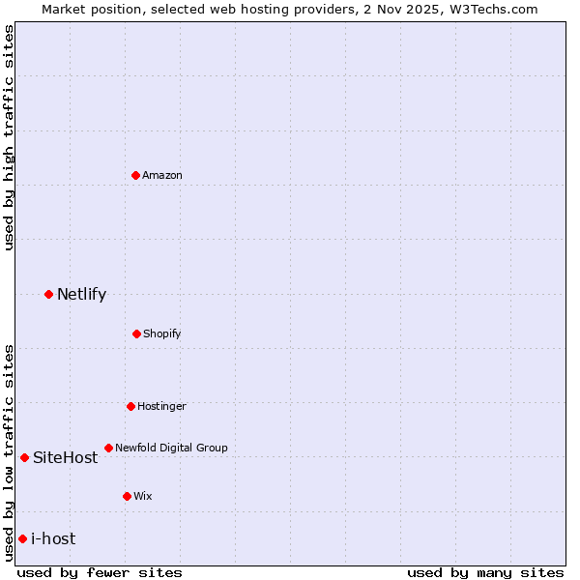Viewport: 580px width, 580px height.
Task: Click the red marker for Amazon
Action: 135,175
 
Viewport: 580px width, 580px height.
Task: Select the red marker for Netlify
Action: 48,294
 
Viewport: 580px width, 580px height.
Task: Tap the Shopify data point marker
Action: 136,333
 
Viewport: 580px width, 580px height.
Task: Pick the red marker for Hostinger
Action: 130,406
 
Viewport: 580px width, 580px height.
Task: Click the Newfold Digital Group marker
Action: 108,448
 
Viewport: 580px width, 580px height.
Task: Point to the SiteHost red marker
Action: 24,457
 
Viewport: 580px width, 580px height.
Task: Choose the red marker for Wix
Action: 127,496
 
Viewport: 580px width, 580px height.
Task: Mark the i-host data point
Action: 22,538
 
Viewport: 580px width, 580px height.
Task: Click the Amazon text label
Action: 162,175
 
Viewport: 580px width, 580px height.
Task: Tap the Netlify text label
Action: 81,294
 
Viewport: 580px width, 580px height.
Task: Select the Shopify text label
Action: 162,333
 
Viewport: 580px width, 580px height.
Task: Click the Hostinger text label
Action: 161,406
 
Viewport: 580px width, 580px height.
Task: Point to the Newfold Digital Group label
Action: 172,448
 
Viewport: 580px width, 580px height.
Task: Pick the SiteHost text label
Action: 65,457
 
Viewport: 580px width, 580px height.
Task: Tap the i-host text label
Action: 53,538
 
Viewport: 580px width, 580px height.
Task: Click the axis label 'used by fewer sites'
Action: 100,572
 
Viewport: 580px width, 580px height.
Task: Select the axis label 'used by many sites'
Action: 485,572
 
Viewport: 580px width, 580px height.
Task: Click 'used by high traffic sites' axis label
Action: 9,137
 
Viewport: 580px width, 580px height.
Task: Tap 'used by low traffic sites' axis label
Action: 9,451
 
